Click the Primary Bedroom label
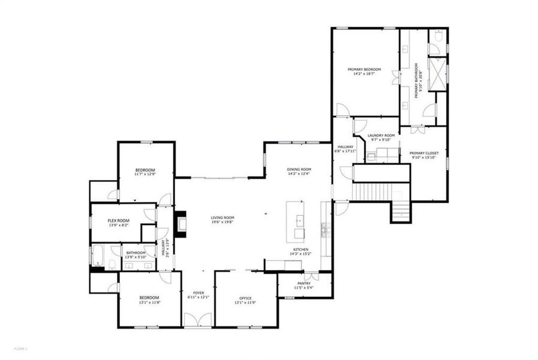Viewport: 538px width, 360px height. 365,70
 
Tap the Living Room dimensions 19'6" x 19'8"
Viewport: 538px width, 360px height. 222,221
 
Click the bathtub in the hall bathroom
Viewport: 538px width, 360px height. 98,257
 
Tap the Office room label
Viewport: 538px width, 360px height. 245,298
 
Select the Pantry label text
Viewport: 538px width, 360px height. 303,283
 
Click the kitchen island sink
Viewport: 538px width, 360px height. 299,232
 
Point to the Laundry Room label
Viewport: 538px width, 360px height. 381,136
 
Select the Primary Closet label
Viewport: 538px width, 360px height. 424,153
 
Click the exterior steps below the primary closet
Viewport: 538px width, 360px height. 401,211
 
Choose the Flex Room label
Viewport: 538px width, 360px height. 118,220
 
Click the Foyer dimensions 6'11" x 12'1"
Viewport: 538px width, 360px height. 197,297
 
